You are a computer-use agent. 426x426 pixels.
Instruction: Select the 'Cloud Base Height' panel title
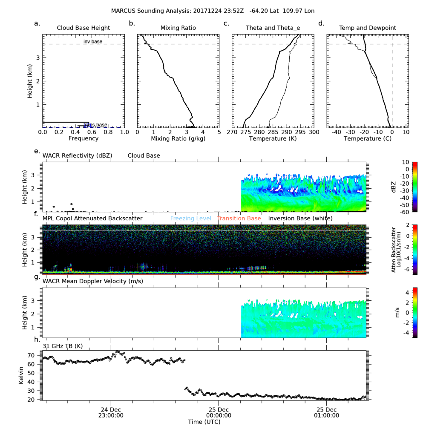[83, 28]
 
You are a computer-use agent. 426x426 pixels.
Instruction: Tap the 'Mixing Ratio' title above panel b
[178, 28]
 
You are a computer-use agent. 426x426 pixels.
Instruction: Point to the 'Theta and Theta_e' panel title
[273, 28]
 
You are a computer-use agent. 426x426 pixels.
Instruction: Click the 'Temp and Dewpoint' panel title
[367, 28]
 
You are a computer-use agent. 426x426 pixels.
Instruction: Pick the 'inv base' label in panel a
[93, 41]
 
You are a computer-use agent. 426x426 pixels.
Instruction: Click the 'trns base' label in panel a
[95, 124]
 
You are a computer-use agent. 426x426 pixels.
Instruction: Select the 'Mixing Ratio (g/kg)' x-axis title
[178, 139]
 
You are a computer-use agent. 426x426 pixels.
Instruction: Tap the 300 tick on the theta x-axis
[314, 132]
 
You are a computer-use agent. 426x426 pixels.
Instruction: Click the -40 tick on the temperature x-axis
[336, 132]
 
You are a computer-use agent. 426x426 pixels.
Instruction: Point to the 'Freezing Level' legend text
[190, 219]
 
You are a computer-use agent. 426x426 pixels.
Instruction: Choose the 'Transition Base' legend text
[239, 219]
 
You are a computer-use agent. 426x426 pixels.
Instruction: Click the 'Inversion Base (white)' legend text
[300, 219]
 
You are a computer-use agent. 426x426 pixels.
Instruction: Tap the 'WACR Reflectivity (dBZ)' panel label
[77, 156]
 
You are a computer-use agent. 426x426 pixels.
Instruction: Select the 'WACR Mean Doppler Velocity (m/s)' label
[93, 281]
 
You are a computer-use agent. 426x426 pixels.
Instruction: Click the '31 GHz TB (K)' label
[63, 346]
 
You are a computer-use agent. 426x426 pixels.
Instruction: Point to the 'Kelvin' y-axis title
[21, 374]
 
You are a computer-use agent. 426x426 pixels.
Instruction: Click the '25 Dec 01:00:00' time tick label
[326, 413]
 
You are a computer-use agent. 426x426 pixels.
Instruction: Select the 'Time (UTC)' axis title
[205, 421]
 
